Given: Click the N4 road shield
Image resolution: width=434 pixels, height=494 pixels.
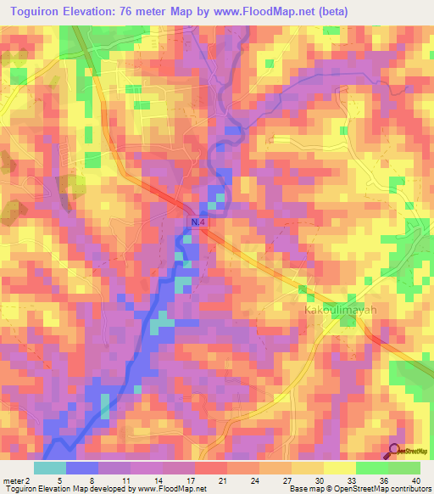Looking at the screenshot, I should (197, 222).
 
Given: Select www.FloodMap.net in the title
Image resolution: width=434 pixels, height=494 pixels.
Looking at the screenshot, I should (255, 11).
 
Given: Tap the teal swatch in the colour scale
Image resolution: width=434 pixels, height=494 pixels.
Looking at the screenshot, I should (50, 467).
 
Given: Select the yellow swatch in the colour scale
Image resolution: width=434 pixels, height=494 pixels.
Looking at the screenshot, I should (340, 467).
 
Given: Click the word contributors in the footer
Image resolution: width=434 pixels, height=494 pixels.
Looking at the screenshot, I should (409, 489).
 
